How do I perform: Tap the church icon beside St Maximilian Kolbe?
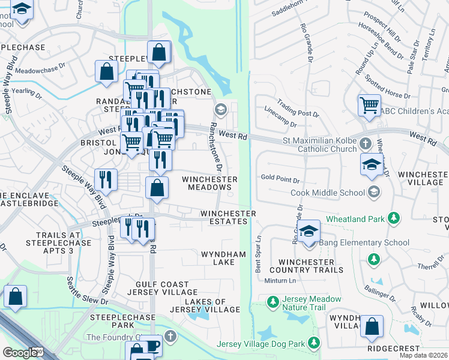366,143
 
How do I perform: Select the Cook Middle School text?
327,193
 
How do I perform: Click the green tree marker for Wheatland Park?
394,218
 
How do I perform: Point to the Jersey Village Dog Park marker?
313,343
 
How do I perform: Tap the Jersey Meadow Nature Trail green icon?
273,301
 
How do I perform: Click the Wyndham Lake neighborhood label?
223,259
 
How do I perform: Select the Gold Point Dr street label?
280,178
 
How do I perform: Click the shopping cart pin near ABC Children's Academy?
369,105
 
